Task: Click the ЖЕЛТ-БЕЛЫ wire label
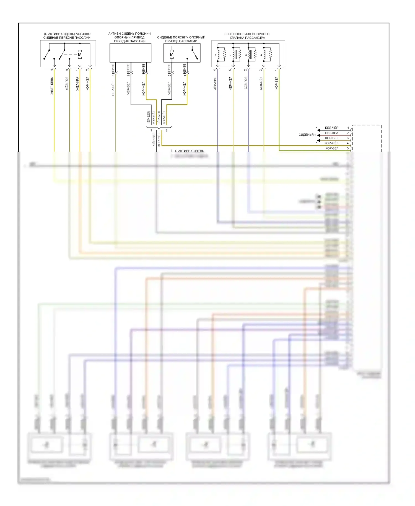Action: (x=52, y=86)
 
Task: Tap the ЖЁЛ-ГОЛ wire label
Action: (x=67, y=83)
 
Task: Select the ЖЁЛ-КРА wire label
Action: (x=77, y=84)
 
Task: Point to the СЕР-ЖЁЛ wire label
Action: (x=113, y=89)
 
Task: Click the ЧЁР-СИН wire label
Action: (x=215, y=83)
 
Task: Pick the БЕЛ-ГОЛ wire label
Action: (x=246, y=83)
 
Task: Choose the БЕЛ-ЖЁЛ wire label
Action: (x=261, y=83)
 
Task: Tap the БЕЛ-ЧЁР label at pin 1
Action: (x=331, y=128)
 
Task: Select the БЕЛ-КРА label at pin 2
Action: (x=331, y=133)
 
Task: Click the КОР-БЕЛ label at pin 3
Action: (x=331, y=138)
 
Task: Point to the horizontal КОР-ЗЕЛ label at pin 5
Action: (x=332, y=148)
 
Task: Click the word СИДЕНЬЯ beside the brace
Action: (x=306, y=135)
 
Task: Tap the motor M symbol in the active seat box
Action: (x=80, y=55)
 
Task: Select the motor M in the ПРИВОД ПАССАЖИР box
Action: (x=172, y=55)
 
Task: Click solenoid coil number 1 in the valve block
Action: (x=221, y=54)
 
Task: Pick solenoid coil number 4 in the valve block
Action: (x=266, y=54)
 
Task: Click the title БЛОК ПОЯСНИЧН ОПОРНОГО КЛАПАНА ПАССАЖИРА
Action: (x=247, y=36)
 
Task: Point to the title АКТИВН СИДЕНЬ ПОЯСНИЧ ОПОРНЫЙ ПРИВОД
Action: (x=129, y=37)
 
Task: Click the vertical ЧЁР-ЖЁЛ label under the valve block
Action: (x=230, y=83)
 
